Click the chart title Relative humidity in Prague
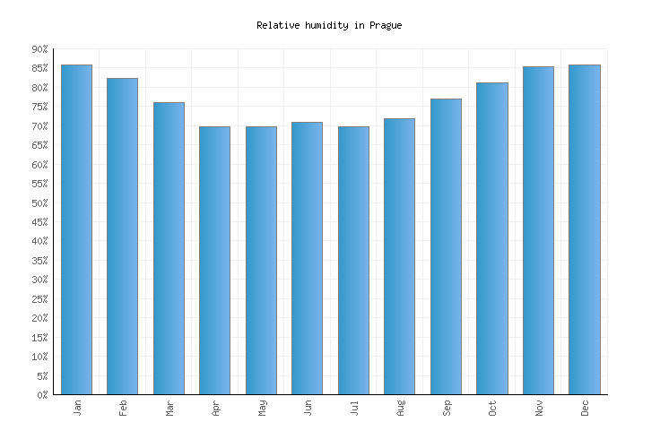pyautogui.click(x=329, y=25)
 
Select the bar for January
pyautogui.click(x=76, y=229)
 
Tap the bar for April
pyautogui.click(x=214, y=260)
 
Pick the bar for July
pyautogui.click(x=353, y=260)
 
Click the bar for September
pyautogui.click(x=446, y=246)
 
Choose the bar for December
pyautogui.click(x=585, y=229)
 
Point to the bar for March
pyautogui.click(x=169, y=248)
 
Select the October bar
pyautogui.click(x=491, y=238)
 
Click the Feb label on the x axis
pyautogui.click(x=123, y=408)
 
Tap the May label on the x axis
pyautogui.click(x=262, y=408)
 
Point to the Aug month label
pyautogui.click(x=400, y=408)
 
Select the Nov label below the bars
pyautogui.click(x=539, y=408)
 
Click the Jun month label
pyautogui.click(x=308, y=408)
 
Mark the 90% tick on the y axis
pyautogui.click(x=39, y=49)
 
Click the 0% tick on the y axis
pyautogui.click(x=42, y=394)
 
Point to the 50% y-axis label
pyautogui.click(x=39, y=202)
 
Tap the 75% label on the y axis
pyautogui.click(x=39, y=107)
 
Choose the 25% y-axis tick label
pyautogui.click(x=39, y=298)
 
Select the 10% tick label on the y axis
pyautogui.click(x=39, y=357)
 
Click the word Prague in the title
pyautogui.click(x=386, y=25)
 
